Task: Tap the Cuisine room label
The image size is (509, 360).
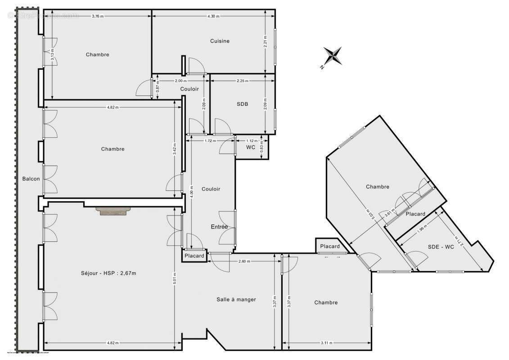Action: click(220, 41)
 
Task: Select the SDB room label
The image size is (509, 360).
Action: click(243, 104)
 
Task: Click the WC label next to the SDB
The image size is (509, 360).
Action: click(251, 147)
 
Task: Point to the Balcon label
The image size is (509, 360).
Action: click(31, 179)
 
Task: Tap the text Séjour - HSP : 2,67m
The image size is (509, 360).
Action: click(108, 272)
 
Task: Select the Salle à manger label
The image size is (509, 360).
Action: click(236, 299)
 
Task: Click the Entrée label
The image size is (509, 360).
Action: click(219, 227)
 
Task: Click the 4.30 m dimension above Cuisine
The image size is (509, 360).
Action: click(213, 16)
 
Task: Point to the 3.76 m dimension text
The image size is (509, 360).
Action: click(98, 16)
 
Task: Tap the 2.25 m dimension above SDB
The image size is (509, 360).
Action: click(243, 81)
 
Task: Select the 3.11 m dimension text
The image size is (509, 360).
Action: click(327, 343)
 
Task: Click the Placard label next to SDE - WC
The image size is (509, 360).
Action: click(415, 214)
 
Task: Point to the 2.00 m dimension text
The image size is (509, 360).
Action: click(180, 81)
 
